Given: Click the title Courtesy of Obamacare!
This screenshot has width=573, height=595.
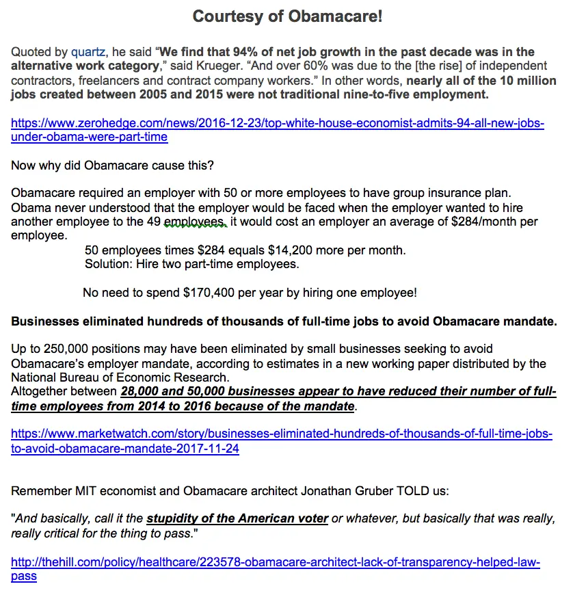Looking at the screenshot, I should tap(286, 16).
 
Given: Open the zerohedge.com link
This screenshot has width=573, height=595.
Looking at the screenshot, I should tap(278, 129).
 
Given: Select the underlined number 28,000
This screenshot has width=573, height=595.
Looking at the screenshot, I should tap(143, 392).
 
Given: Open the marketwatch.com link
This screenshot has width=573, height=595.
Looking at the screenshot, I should tap(282, 441).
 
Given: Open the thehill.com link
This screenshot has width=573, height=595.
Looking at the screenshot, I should tap(275, 569).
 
